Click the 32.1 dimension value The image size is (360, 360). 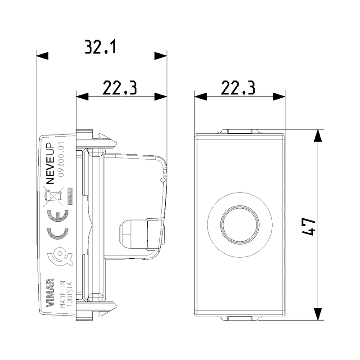click(x=100, y=47)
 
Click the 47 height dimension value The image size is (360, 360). click(x=308, y=226)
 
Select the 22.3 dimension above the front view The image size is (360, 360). click(x=238, y=88)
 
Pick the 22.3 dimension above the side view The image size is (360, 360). click(x=120, y=88)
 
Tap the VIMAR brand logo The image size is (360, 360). click(x=50, y=292)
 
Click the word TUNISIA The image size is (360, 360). click(x=70, y=294)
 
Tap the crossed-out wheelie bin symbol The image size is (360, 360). click(x=54, y=196)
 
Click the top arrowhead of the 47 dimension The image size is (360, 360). click(x=318, y=136)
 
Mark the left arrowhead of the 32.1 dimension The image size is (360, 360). click(x=42, y=55)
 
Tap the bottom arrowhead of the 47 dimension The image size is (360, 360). click(x=318, y=314)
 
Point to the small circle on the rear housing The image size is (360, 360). click(x=162, y=180)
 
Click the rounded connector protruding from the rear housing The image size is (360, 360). click(x=133, y=234)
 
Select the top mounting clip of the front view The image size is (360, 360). click(x=240, y=131)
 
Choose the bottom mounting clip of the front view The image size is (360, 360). click(x=240, y=318)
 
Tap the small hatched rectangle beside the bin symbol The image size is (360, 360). click(x=70, y=196)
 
